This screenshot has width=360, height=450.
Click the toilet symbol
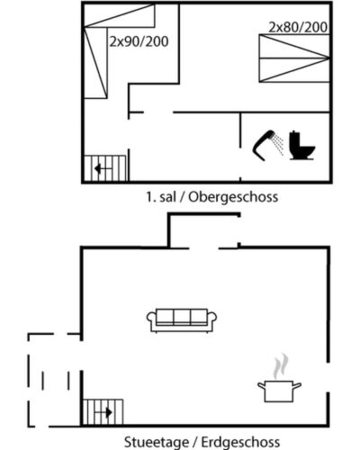(301, 145)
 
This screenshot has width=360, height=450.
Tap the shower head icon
(267, 144)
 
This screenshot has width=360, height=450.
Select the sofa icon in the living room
(182, 320)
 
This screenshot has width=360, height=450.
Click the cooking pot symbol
(279, 391)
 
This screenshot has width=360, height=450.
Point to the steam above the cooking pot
(281, 366)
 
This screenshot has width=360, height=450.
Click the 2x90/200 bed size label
(139, 41)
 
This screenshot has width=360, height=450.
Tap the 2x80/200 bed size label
(298, 27)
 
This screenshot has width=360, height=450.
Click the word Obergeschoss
(233, 197)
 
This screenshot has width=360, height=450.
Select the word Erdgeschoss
(240, 443)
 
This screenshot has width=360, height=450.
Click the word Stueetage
(157, 443)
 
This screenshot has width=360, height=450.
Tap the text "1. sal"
(161, 197)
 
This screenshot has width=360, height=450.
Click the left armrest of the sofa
(151, 319)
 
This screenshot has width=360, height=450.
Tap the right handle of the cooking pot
(297, 385)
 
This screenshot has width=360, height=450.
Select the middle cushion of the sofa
(182, 317)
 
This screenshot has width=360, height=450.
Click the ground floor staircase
(103, 412)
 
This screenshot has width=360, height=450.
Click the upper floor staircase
(105, 168)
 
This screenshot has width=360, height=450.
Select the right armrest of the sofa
(212, 319)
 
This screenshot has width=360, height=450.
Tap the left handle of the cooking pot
(262, 385)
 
